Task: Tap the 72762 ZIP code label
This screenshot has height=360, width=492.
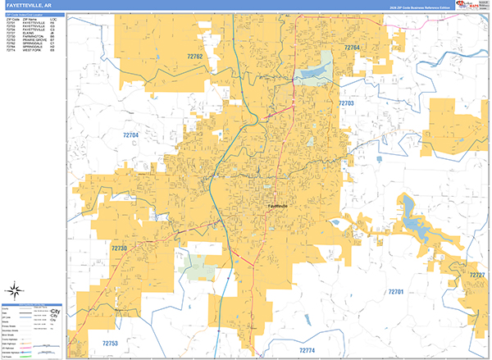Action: click(195, 56)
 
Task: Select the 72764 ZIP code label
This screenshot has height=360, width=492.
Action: click(353, 49)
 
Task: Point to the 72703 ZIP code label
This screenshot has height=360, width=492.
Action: click(346, 104)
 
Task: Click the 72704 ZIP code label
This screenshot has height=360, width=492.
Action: click(131, 134)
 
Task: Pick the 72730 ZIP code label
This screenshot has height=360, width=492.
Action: click(120, 248)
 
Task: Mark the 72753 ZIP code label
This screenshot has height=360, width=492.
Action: click(111, 343)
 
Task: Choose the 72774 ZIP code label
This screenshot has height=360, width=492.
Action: click(307, 350)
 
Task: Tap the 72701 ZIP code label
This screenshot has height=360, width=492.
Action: click(396, 292)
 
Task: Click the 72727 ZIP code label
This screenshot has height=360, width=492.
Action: click(477, 274)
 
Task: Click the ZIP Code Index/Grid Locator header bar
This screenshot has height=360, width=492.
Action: click(34, 14)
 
